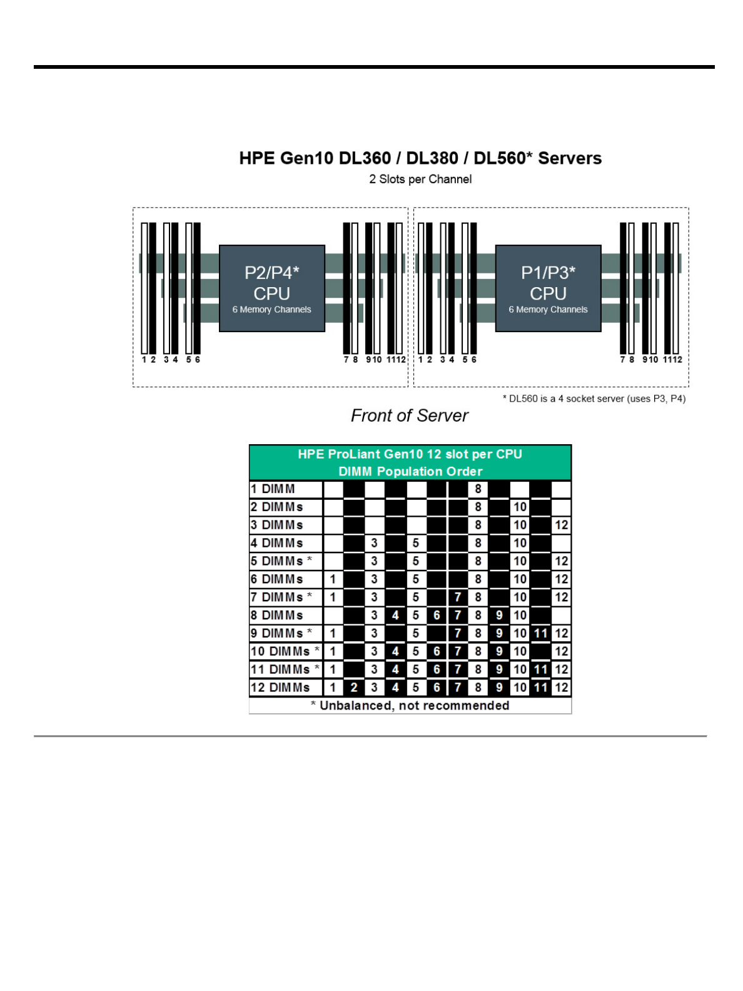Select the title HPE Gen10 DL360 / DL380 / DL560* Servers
[420, 158]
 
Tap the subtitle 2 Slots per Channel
[420, 179]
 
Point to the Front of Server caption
[409, 415]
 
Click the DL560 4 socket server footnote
[594, 399]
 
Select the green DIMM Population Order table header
[410, 462]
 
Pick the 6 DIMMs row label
[276, 579]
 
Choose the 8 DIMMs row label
[276, 615]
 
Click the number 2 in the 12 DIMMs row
[353, 688]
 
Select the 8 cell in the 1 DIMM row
[478, 489]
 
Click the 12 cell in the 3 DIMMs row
[561, 525]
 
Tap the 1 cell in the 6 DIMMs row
[333, 579]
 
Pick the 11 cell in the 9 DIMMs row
[540, 633]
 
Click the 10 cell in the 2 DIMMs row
[520, 507]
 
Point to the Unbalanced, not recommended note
[410, 706]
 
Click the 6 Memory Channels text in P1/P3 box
[548, 310]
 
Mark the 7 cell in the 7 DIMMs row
[457, 597]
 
